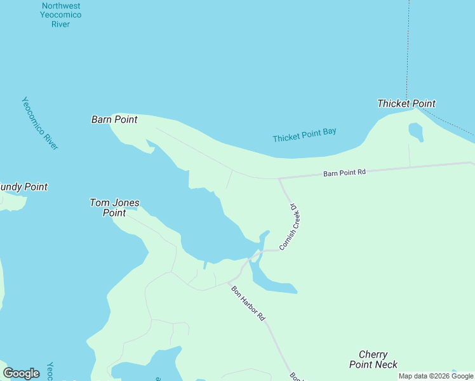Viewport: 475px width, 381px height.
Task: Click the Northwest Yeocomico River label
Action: [62, 15]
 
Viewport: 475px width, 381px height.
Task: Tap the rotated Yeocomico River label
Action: [40, 123]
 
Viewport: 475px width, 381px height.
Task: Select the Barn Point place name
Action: [114, 119]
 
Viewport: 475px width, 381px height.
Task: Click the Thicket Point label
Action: [406, 104]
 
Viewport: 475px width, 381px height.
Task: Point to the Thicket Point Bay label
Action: [304, 135]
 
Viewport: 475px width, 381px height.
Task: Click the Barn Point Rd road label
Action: [345, 172]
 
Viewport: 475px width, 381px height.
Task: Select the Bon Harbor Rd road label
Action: [248, 303]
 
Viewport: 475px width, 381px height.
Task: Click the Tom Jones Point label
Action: [114, 208]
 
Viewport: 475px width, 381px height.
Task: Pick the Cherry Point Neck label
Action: [373, 359]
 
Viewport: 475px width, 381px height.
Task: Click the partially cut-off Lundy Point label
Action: [23, 187]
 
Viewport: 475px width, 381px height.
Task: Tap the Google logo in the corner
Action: [21, 373]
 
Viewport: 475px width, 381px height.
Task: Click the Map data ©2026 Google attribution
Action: [436, 376]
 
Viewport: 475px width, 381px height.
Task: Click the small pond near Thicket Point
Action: [416, 131]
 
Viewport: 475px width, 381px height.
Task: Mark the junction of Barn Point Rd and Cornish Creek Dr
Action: [279, 179]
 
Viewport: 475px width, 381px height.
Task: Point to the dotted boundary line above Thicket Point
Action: [408, 51]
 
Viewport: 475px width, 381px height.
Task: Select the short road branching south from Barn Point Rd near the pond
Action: [409, 155]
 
